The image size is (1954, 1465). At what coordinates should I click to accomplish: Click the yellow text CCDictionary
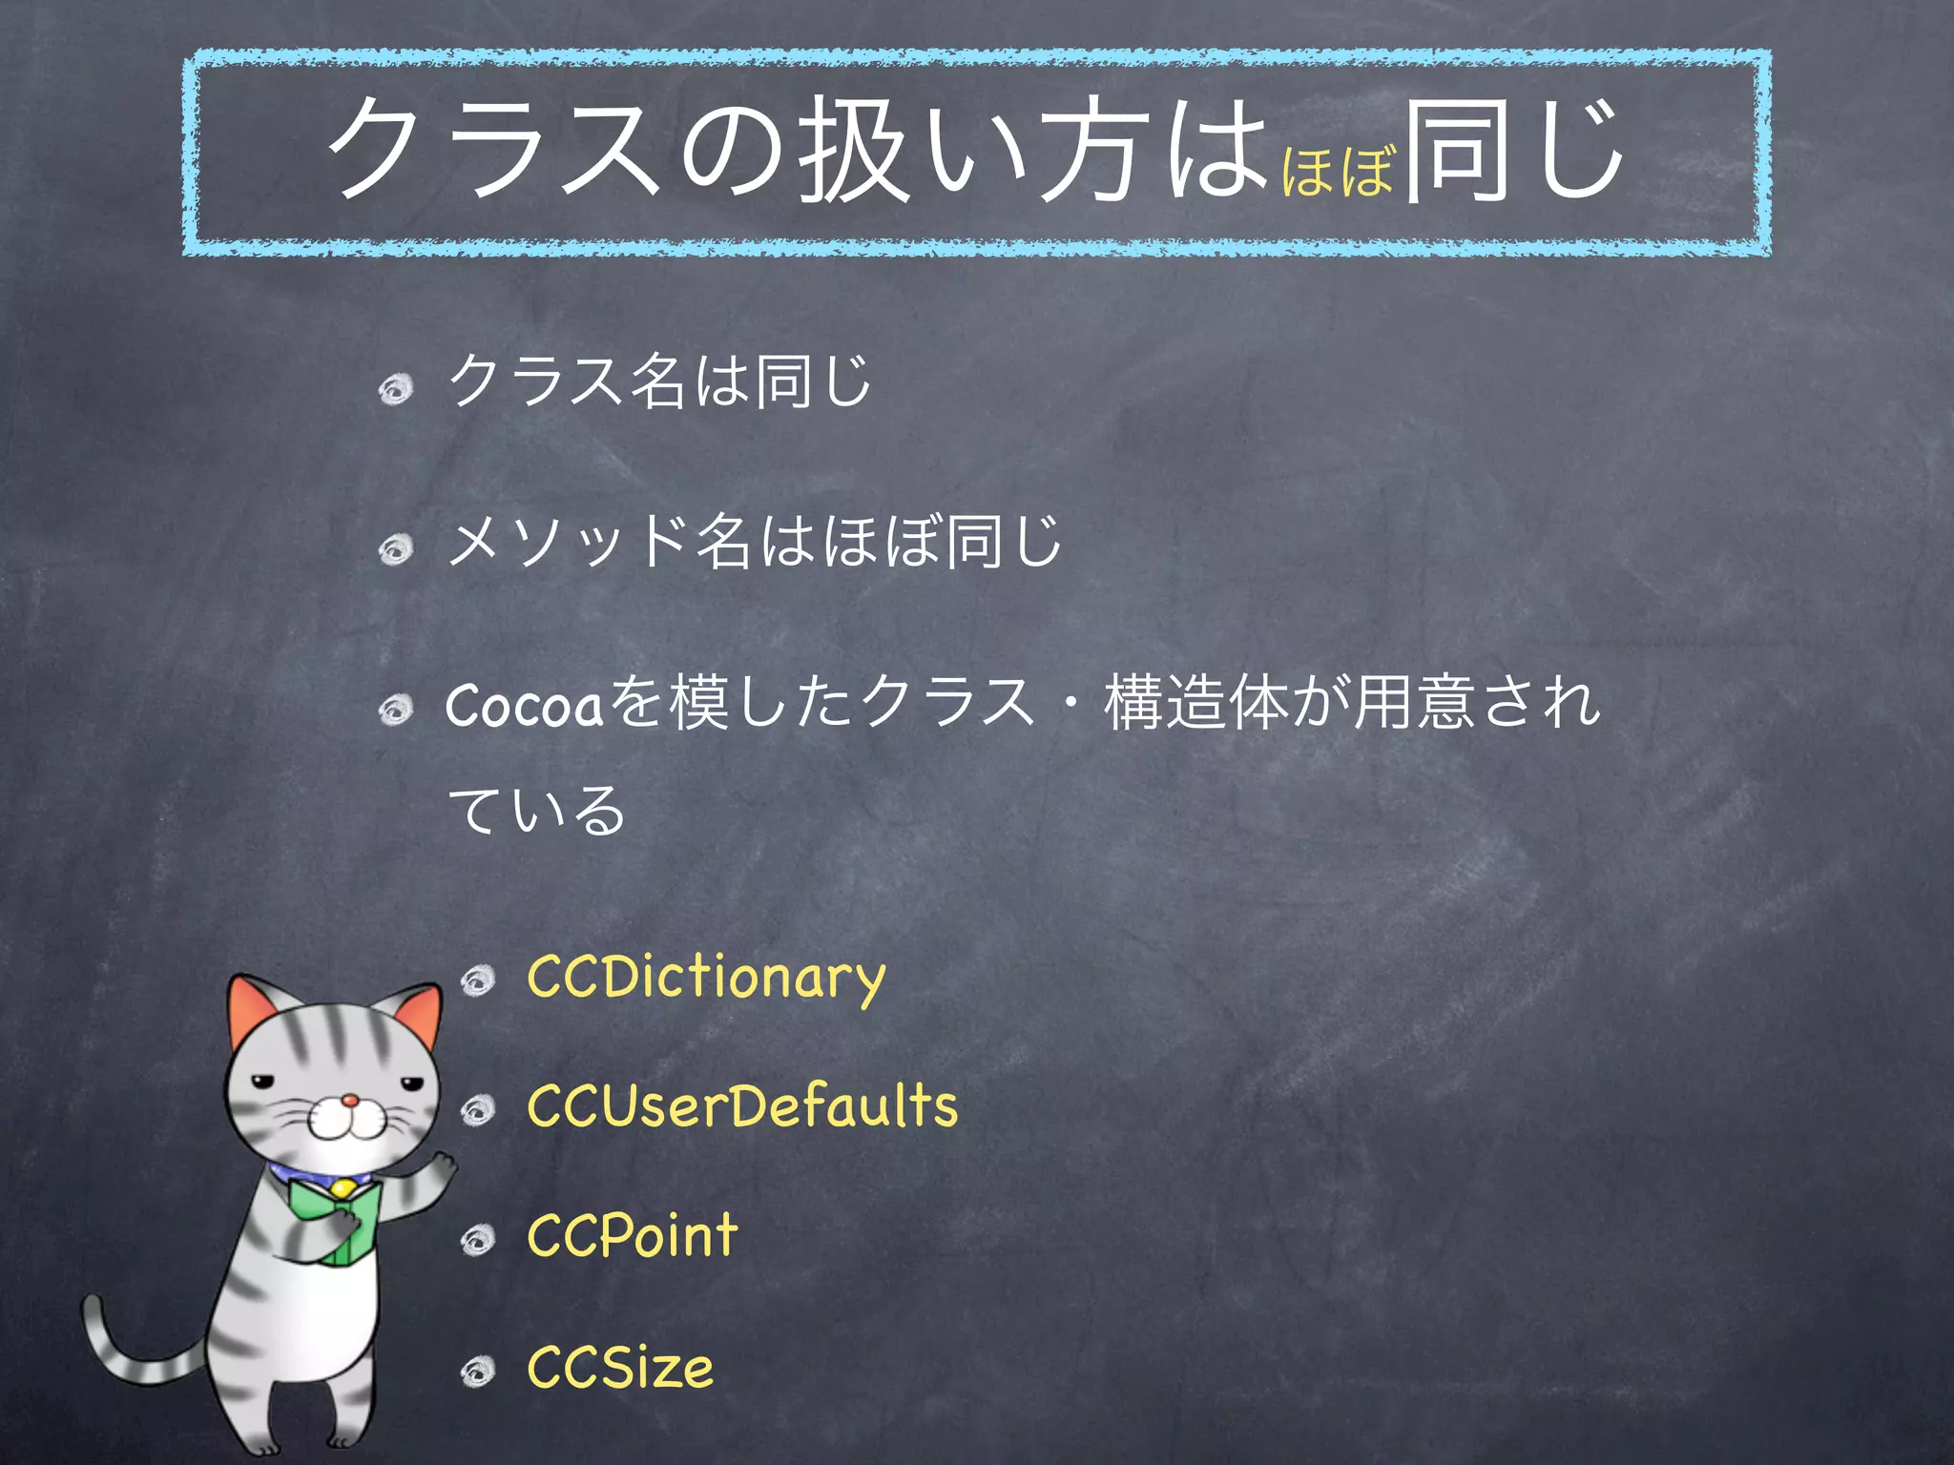[x=706, y=979]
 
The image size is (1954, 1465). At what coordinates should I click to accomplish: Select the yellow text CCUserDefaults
[x=742, y=1107]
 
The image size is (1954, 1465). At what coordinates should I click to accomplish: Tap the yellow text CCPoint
[x=633, y=1236]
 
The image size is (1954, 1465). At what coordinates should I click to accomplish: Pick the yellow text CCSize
[x=620, y=1367]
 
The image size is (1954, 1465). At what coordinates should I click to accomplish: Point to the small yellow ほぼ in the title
[x=1338, y=173]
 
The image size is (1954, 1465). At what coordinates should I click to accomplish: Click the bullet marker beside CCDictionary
[x=478, y=980]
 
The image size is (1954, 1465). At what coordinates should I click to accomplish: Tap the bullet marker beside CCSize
[x=478, y=1372]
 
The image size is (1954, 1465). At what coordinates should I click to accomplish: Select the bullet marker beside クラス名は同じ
[x=396, y=387]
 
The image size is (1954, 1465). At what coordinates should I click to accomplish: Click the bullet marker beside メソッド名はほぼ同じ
[x=396, y=548]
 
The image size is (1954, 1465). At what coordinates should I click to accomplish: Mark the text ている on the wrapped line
[x=536, y=812]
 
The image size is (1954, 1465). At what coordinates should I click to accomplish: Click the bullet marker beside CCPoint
[x=478, y=1239]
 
